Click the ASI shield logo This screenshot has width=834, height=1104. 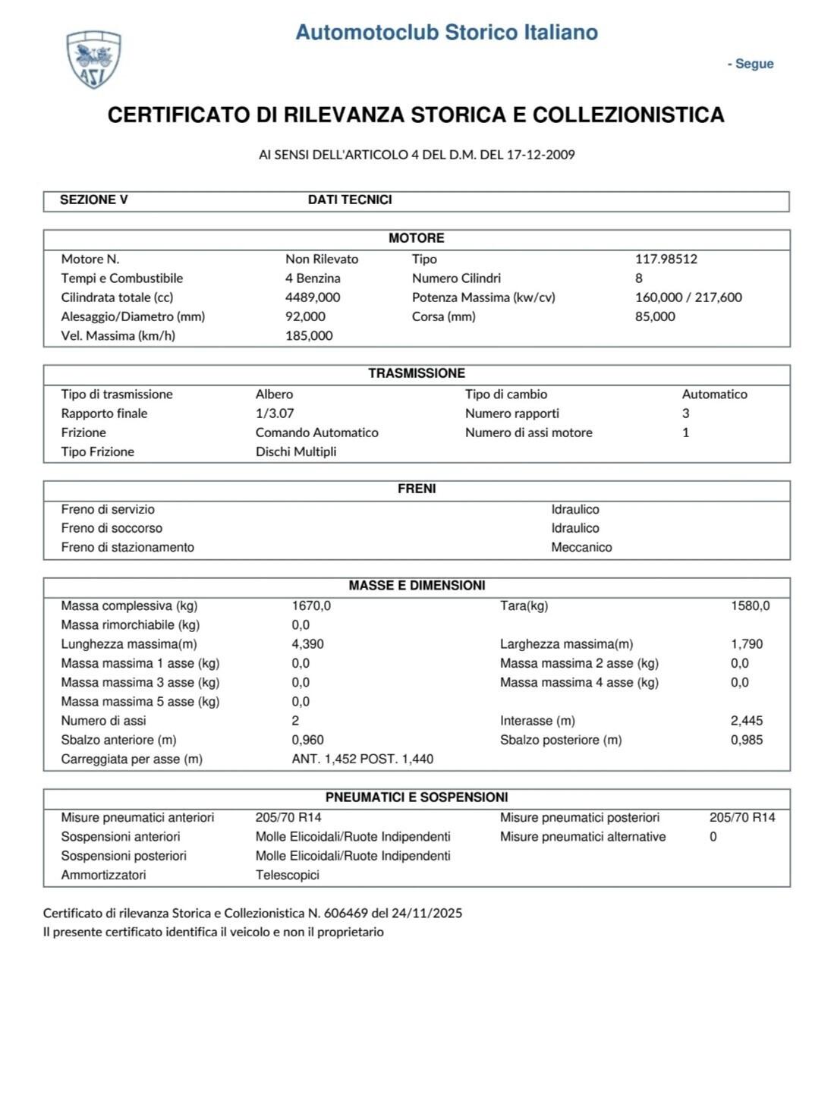pyautogui.click(x=94, y=60)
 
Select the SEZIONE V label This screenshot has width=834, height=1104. pyautogui.click(x=94, y=200)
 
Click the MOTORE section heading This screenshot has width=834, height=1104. pyautogui.click(x=416, y=238)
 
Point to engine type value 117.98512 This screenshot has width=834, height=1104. pyautogui.click(x=666, y=259)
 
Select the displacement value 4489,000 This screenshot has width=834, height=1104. pyautogui.click(x=313, y=297)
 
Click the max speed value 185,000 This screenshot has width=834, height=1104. pyautogui.click(x=309, y=335)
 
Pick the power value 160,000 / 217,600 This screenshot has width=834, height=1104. pyautogui.click(x=688, y=297)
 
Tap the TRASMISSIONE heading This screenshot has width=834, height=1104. pyautogui.click(x=416, y=373)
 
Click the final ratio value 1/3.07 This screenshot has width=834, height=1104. pyautogui.click(x=275, y=414)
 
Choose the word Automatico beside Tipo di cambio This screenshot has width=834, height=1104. pyautogui.click(x=714, y=395)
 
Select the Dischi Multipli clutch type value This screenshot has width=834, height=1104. pyautogui.click(x=296, y=451)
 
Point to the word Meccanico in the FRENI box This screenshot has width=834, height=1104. pyautogui.click(x=581, y=547)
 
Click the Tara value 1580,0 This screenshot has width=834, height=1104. pyautogui.click(x=750, y=605)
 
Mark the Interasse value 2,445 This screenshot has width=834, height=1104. pyautogui.click(x=747, y=721)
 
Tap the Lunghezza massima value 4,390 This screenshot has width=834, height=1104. pyautogui.click(x=308, y=644)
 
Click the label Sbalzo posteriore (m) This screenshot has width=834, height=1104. pyautogui.click(x=561, y=740)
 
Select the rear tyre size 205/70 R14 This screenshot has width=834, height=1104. pyautogui.click(x=742, y=817)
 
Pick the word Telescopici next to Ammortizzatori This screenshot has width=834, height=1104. pyautogui.click(x=288, y=875)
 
